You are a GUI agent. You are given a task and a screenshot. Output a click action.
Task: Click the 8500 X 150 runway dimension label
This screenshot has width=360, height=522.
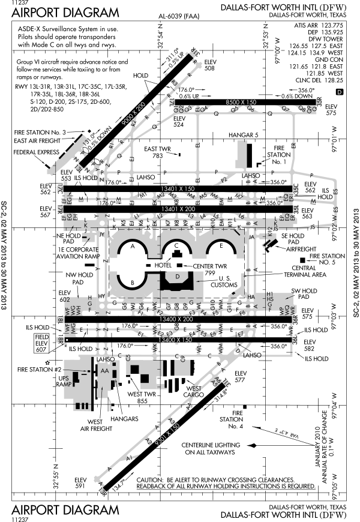tap(241, 103)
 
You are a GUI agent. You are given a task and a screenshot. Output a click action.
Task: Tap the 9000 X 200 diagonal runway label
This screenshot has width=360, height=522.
tap(134, 113)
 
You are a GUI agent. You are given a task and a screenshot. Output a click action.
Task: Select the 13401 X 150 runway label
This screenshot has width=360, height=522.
tap(178, 189)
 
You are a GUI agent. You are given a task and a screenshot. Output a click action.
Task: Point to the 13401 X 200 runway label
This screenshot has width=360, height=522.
tap(178, 209)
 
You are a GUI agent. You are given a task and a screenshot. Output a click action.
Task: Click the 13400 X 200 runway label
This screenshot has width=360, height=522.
tap(176, 320)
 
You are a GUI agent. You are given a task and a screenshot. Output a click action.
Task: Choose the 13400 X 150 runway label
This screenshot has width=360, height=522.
tap(176, 340)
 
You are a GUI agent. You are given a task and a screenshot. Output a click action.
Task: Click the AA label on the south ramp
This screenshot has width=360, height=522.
tap(105, 371)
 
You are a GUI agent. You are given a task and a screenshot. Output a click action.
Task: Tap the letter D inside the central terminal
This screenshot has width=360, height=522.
tap(178, 277)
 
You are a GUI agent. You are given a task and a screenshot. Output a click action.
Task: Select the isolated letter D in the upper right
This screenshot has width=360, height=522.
tap(340, 92)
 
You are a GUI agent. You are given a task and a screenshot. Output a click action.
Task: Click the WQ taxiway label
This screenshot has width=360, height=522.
tap(287, 308)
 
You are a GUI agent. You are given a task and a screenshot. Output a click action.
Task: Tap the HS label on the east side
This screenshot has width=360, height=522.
tap(271, 299)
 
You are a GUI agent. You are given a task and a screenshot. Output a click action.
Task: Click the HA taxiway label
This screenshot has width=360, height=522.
tap(252, 298)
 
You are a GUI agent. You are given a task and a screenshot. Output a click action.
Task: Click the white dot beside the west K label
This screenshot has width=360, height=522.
tap(102, 223)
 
